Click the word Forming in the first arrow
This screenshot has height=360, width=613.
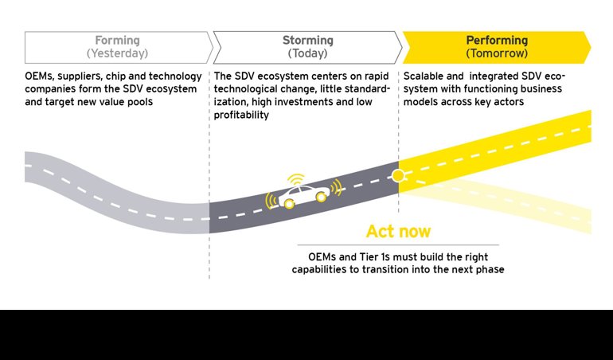[117, 41]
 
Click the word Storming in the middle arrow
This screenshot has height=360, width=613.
[307, 41]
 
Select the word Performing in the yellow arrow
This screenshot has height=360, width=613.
[497, 41]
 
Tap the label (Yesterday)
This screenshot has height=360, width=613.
[117, 53]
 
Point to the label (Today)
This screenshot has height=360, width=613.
[307, 53]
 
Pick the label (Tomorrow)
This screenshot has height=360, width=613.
[497, 53]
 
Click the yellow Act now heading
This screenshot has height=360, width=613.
[398, 232]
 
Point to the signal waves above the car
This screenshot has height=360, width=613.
[295, 177]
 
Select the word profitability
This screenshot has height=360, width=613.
[242, 115]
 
